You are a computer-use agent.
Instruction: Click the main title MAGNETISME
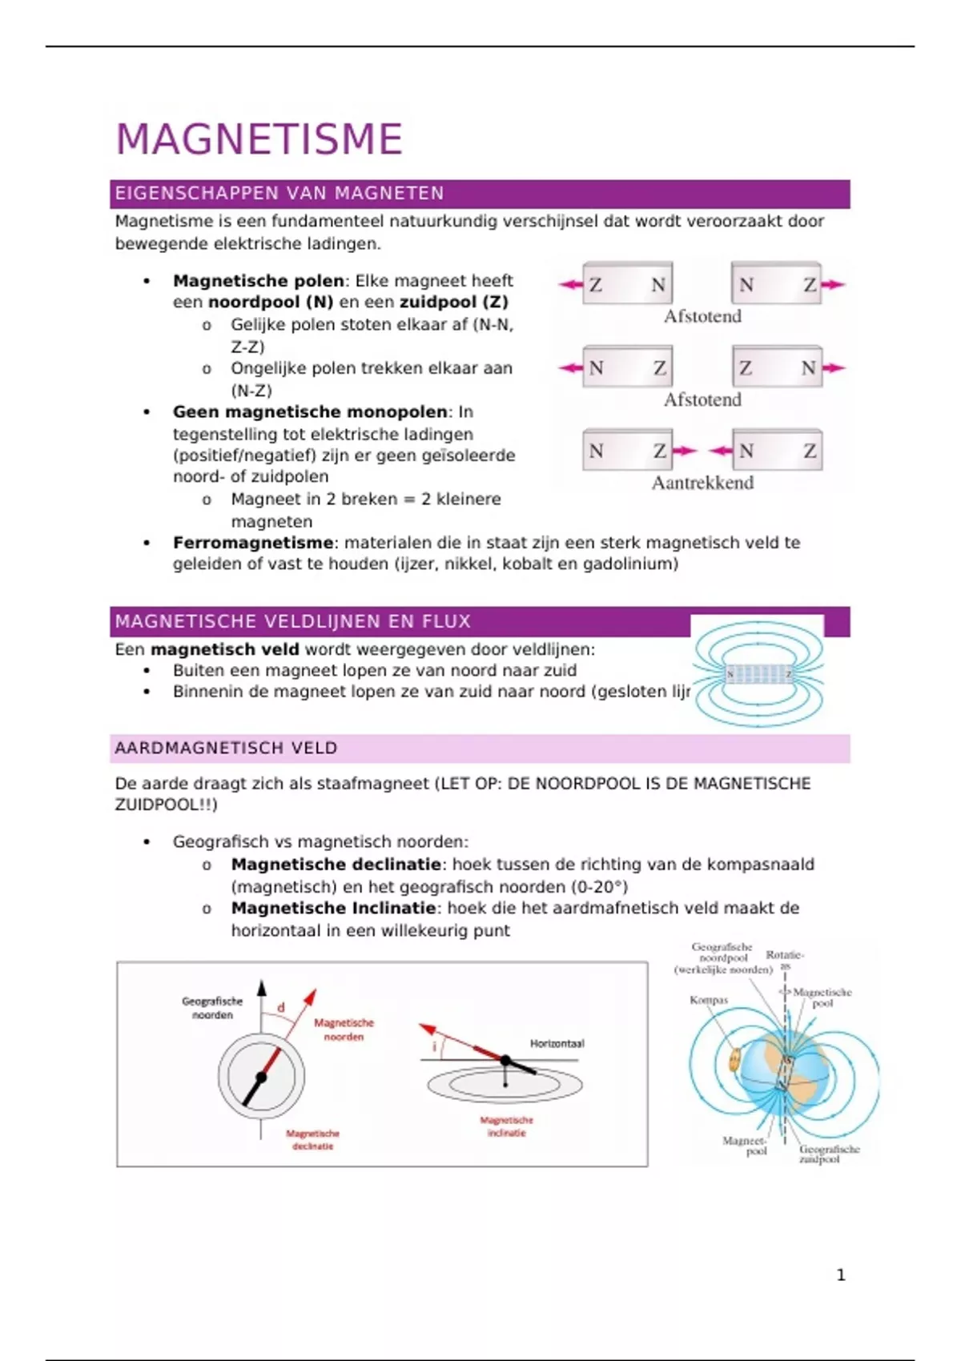click(x=259, y=139)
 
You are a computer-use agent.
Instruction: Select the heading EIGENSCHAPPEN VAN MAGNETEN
click(x=279, y=193)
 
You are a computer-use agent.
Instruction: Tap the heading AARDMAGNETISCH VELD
click(x=226, y=748)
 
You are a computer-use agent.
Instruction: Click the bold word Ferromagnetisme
click(x=252, y=543)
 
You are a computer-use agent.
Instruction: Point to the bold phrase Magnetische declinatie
click(x=336, y=865)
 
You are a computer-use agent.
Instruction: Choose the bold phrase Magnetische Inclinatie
click(x=333, y=908)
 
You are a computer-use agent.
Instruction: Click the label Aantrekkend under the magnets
click(x=702, y=483)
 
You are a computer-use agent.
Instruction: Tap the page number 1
click(x=841, y=1275)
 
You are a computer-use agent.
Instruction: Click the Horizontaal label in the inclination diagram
click(x=557, y=1043)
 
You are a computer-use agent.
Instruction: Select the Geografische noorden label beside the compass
click(x=212, y=1008)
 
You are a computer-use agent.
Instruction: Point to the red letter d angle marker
click(x=281, y=1007)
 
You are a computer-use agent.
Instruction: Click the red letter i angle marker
click(x=435, y=1046)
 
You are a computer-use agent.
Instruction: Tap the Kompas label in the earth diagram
click(x=709, y=1000)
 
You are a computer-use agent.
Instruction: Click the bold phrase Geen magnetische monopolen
click(x=310, y=412)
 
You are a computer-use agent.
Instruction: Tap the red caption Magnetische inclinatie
click(x=507, y=1126)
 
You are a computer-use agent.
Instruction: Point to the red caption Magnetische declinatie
click(x=312, y=1140)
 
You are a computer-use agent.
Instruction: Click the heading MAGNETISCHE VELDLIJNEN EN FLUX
click(x=292, y=621)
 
